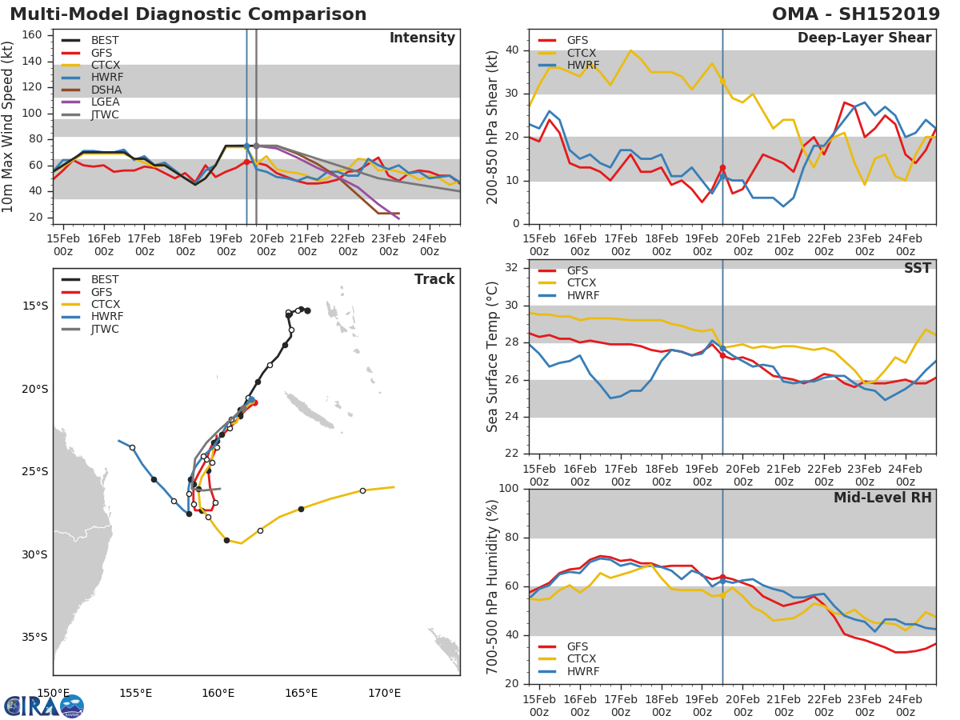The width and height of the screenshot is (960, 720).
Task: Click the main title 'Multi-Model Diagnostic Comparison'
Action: tap(188, 14)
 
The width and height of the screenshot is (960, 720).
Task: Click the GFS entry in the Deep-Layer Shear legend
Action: tap(577, 40)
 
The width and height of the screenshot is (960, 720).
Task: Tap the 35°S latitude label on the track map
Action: tap(35, 638)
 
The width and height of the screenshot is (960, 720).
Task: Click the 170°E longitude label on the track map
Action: tap(384, 693)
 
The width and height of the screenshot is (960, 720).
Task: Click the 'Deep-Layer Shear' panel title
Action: tap(864, 38)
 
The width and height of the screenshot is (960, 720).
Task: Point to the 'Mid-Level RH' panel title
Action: tap(882, 498)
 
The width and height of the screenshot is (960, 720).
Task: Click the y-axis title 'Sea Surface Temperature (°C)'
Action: tap(494, 357)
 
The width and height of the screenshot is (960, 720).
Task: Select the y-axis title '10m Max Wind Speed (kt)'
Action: tap(8, 126)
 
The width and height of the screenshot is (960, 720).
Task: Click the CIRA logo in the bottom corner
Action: tap(44, 706)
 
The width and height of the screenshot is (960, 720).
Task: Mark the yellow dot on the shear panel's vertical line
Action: tap(722, 81)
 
